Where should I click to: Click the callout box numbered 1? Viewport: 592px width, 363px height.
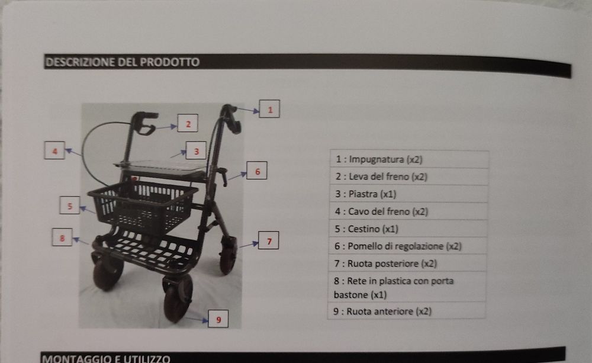(269, 110)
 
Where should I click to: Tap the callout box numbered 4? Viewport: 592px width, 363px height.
(54, 151)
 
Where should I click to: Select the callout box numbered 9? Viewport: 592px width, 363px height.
(218, 320)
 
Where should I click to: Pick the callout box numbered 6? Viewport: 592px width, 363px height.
(257, 171)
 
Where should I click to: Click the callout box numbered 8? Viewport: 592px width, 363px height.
(62, 237)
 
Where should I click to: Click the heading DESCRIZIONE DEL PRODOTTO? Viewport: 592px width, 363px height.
(123, 62)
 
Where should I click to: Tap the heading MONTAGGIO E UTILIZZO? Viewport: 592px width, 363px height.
(107, 358)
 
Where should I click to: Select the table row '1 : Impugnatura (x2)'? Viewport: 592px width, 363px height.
(408, 159)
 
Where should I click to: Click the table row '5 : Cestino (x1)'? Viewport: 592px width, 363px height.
(408, 229)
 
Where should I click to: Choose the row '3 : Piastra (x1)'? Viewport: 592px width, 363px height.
(408, 194)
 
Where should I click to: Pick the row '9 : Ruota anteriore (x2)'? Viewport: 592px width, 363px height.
(408, 311)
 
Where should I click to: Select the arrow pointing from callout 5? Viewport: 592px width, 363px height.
(88, 209)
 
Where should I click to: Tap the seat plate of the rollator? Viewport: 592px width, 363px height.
(163, 168)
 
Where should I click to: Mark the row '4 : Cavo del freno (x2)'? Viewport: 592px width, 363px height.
(408, 211)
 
